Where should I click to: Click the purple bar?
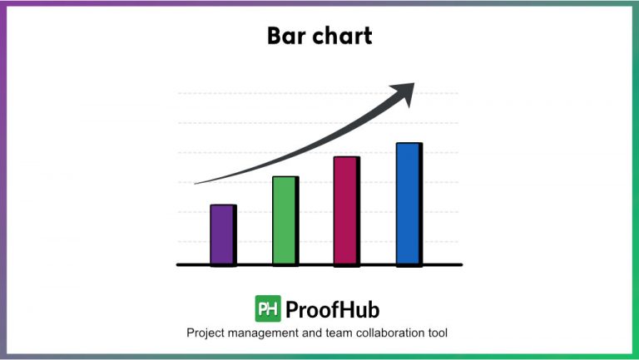pyautogui.click(x=222, y=234)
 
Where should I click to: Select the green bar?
pyautogui.click(x=284, y=220)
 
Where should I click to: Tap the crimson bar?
pyautogui.click(x=345, y=210)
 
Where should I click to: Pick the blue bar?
pyautogui.click(x=408, y=204)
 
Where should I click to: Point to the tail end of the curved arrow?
pyautogui.click(x=197, y=183)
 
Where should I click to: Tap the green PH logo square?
pyautogui.click(x=267, y=309)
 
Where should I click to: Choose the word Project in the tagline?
pyautogui.click(x=207, y=333)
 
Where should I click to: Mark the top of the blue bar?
pyautogui.click(x=408, y=145)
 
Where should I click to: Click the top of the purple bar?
pyautogui.click(x=222, y=206)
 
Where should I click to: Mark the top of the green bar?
pyautogui.click(x=284, y=178)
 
